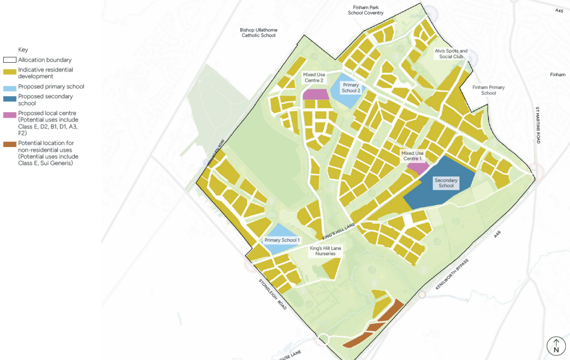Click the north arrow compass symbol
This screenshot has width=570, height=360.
point(556,346)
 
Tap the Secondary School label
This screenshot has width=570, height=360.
point(446,183)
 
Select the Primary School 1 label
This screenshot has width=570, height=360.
point(281,240)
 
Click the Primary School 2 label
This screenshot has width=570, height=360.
point(351,88)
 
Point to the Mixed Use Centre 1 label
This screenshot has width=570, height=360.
point(413,156)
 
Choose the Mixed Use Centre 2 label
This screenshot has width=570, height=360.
point(313,78)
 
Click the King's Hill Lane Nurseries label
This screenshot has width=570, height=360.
point(326,251)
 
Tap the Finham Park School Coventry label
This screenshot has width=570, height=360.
point(366,10)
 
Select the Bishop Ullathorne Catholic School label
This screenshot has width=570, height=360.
point(259,33)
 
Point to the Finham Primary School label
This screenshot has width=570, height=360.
point(489,91)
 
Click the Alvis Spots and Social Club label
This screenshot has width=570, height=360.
point(451,54)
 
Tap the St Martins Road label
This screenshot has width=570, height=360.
point(538,125)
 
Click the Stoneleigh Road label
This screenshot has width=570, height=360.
point(273,294)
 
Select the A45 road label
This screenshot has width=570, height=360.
point(559,10)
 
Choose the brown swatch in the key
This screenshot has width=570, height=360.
point(10,143)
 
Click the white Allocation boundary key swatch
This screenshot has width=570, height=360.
point(10,60)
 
